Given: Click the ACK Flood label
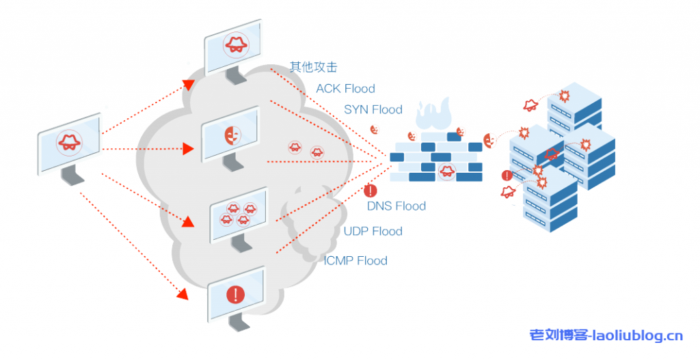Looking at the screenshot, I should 345,89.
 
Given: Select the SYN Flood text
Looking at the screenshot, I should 373,109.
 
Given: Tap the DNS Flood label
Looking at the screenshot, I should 396,206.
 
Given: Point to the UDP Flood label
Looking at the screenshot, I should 373,232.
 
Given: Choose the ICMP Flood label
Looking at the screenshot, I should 355,260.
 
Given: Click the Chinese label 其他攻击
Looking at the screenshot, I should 313,67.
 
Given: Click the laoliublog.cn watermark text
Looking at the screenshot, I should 606,335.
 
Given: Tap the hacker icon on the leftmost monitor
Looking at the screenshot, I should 68,141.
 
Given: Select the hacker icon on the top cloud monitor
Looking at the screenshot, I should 235,44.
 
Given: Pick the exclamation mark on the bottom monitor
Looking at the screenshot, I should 235,295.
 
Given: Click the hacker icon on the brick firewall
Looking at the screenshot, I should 446,170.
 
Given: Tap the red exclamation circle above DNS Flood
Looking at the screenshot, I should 371,191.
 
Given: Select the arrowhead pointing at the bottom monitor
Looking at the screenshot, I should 182,294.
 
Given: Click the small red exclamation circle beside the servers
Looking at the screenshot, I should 506,176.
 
